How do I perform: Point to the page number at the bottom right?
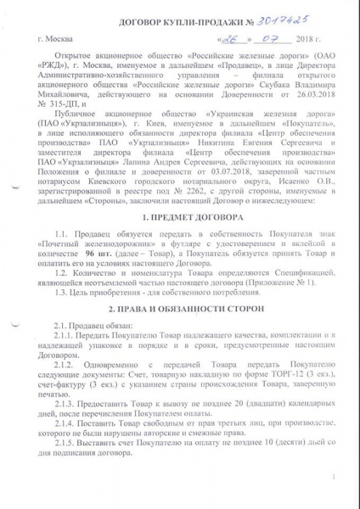339,477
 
